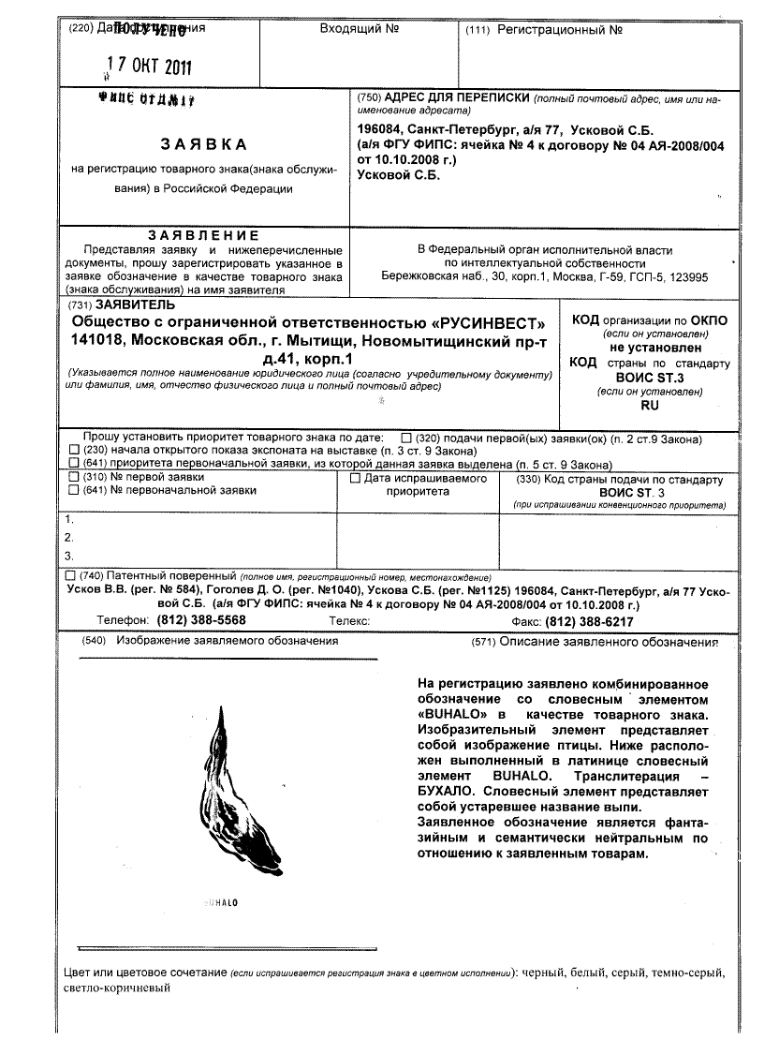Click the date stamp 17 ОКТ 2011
pyautogui.click(x=149, y=66)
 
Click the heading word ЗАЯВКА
pyautogui.click(x=203, y=144)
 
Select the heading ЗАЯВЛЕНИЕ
pyautogui.click(x=203, y=234)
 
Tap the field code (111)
pyautogui.click(x=478, y=31)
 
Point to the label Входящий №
pyautogui.click(x=360, y=29)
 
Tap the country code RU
pyautogui.click(x=649, y=405)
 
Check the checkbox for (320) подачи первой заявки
pyautogui.click(x=405, y=438)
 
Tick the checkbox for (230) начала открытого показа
pyautogui.click(x=75, y=451)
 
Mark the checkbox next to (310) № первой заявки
pyautogui.click(x=75, y=477)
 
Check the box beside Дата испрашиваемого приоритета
pyautogui.click(x=355, y=478)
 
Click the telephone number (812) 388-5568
pyautogui.click(x=201, y=621)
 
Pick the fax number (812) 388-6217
pyautogui.click(x=589, y=621)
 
